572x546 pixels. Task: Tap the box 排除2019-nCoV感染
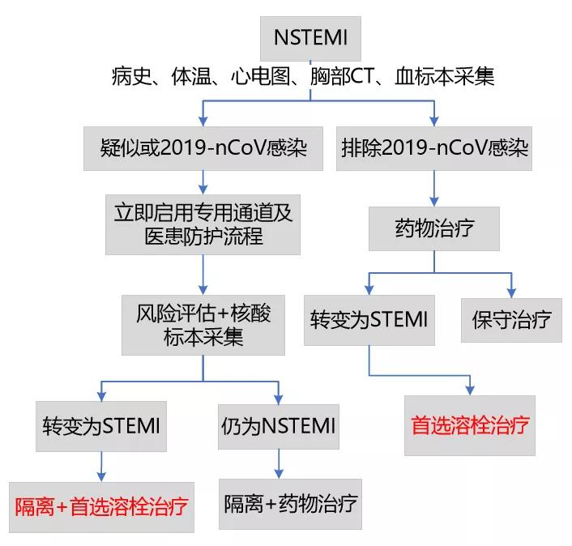434,148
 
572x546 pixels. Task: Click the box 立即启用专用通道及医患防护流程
202,224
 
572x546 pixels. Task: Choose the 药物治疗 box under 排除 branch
434,228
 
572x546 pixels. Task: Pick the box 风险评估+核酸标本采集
203,325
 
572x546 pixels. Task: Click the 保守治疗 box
511,319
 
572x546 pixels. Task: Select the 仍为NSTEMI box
278,426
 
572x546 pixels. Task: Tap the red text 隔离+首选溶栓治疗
102,507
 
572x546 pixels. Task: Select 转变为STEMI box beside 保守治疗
369,319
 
